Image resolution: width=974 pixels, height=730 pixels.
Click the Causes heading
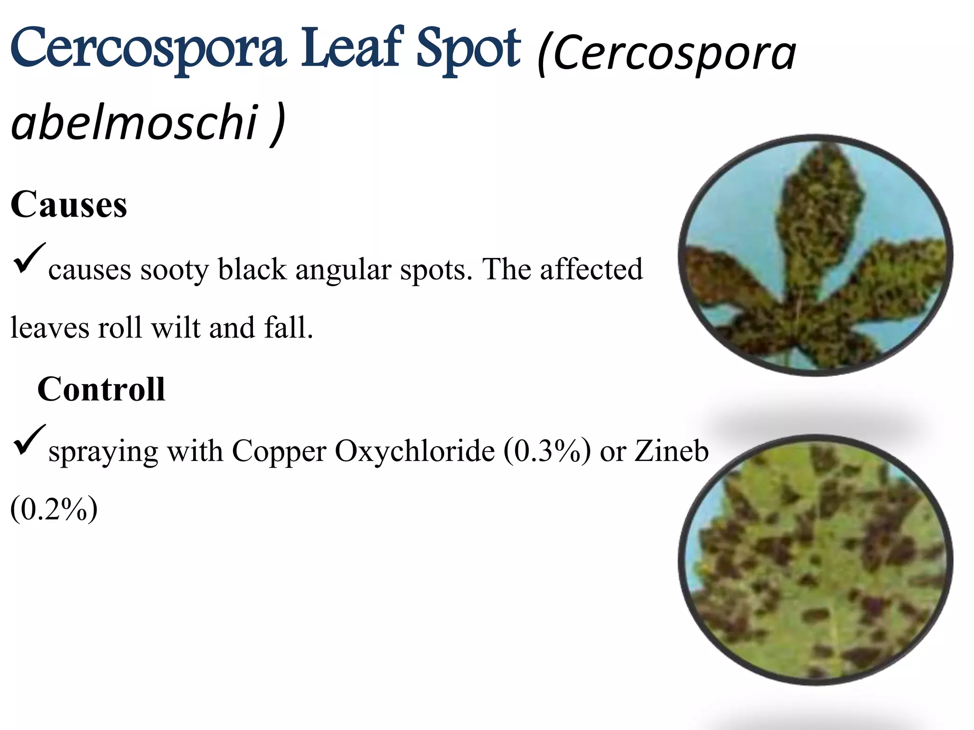(x=69, y=204)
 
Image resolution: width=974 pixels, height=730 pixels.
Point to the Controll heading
(x=101, y=389)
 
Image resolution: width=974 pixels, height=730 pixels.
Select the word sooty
(x=174, y=270)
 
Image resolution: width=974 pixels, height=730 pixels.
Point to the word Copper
(x=279, y=451)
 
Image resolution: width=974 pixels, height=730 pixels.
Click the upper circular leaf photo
(x=815, y=255)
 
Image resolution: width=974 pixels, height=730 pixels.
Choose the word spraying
(x=103, y=452)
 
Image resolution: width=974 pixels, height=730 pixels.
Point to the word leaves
(x=50, y=327)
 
